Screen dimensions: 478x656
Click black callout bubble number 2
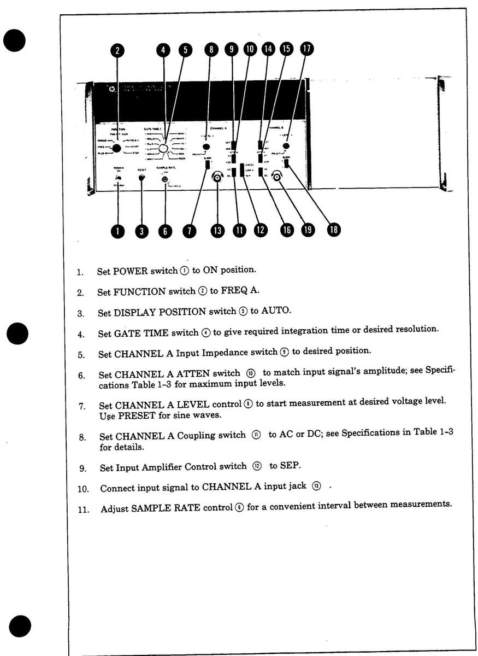pyautogui.click(x=117, y=51)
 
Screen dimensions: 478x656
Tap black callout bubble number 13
pyautogui.click(x=218, y=231)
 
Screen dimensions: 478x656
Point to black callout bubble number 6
pyautogui.click(x=165, y=231)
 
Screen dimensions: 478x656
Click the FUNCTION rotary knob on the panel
pyautogui.click(x=116, y=147)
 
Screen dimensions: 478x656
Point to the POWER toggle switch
pyautogui.click(x=117, y=178)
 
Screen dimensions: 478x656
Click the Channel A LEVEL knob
pyautogui.click(x=207, y=147)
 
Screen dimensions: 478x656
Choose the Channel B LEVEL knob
pyautogui.click(x=285, y=146)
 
